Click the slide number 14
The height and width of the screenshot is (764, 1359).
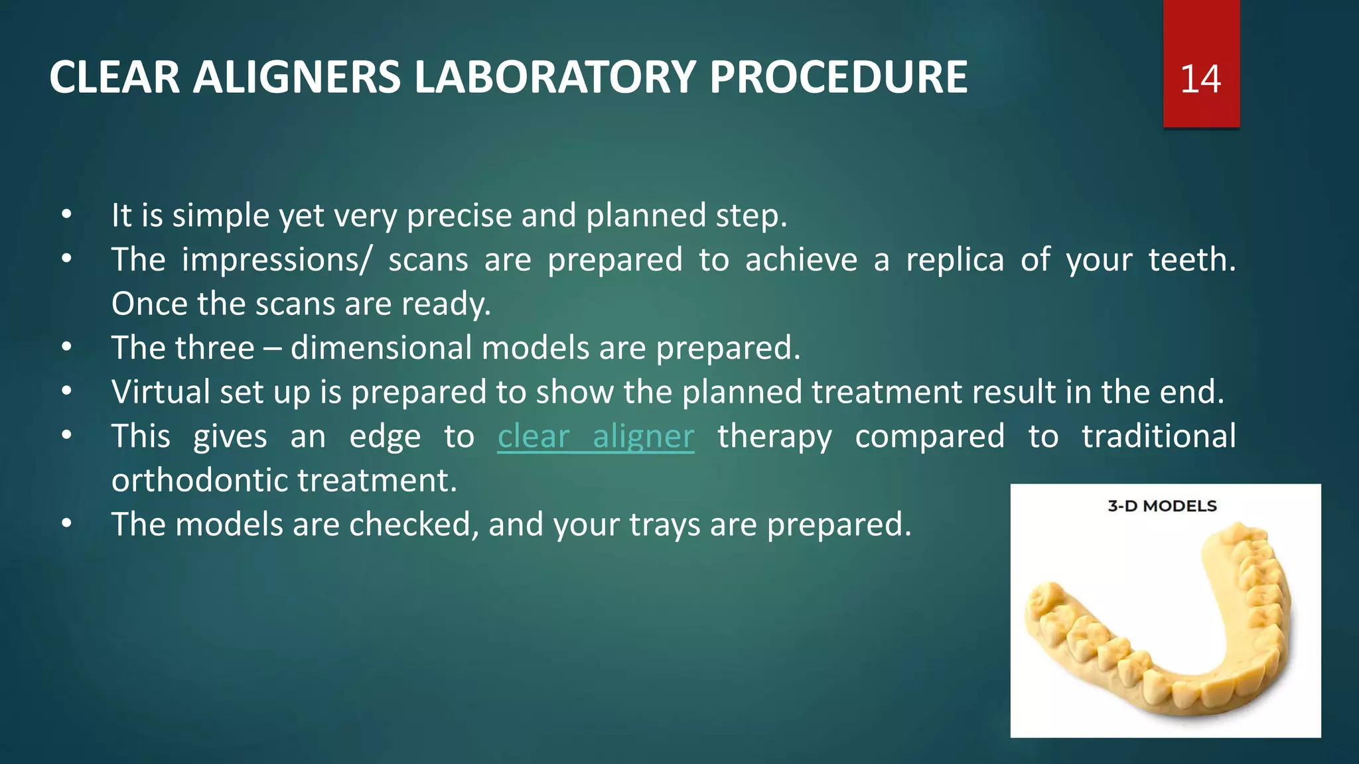1200,79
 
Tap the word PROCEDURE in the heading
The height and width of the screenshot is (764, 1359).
838,78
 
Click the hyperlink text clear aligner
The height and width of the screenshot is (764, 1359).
595,437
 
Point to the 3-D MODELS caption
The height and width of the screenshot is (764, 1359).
1162,506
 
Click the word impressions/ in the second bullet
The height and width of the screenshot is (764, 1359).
276,260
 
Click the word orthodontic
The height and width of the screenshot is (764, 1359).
199,481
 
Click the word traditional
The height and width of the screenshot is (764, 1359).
1159,437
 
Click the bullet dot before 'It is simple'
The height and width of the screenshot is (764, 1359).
66,216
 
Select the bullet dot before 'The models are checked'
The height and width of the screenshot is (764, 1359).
66,525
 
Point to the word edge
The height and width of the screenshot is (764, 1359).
385,437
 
